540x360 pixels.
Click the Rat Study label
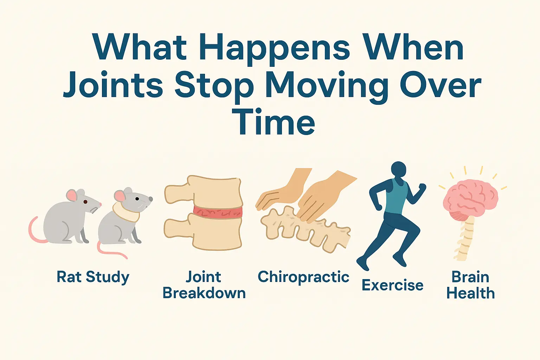click(x=93, y=277)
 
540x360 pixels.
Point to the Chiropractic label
click(x=303, y=277)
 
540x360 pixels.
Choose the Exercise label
click(x=392, y=285)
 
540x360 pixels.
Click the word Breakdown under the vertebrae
click(x=204, y=293)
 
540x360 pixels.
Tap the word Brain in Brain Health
click(x=470, y=277)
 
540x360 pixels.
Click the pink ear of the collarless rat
click(x=72, y=195)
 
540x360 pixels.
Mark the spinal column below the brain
click(x=465, y=239)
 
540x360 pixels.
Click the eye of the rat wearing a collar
click(x=137, y=199)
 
